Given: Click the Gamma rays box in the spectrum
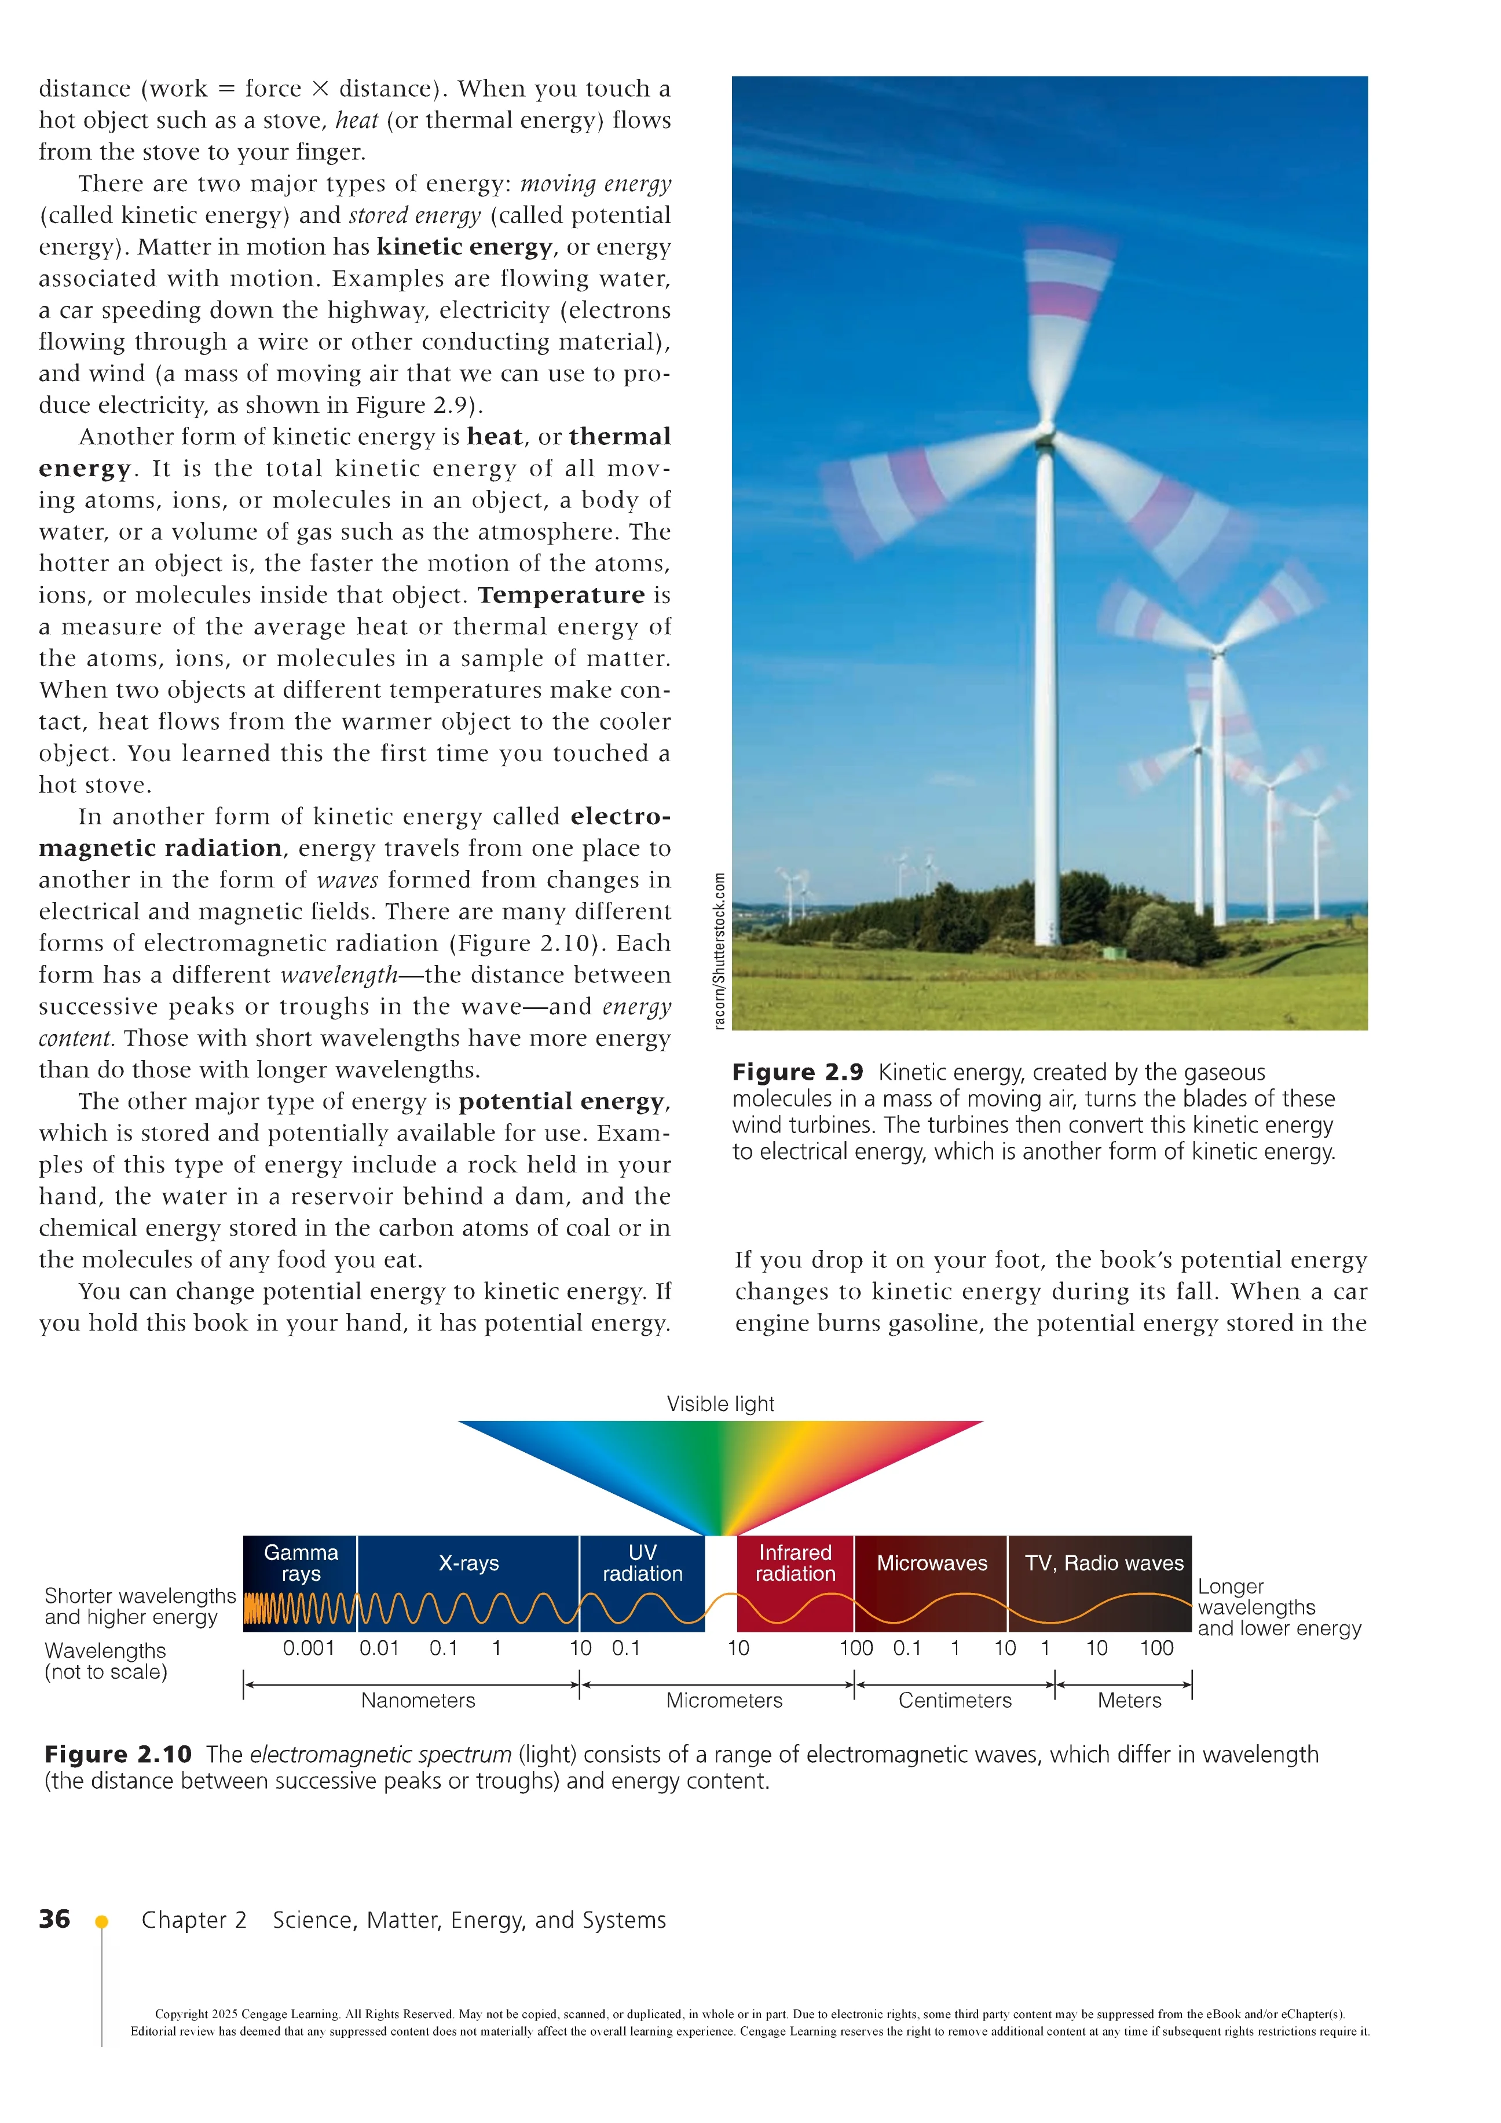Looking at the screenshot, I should click(x=301, y=1563).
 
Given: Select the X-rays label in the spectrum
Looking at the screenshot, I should click(x=468, y=1563).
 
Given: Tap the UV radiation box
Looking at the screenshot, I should click(x=642, y=1563).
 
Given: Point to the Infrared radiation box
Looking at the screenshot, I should click(x=795, y=1563).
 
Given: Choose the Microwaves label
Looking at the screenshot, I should click(x=932, y=1563).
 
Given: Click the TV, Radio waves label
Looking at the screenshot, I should click(x=1104, y=1563).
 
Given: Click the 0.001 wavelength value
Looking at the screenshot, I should click(x=309, y=1648).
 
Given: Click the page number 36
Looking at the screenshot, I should click(x=54, y=1919).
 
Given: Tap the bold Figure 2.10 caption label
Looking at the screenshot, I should click(x=118, y=1754).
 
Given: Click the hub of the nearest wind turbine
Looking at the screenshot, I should click(x=1045, y=431).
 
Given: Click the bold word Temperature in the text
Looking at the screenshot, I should click(x=561, y=594).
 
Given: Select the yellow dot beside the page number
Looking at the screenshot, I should click(x=102, y=1921).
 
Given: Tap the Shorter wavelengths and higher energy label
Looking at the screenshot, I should click(x=140, y=1606).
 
